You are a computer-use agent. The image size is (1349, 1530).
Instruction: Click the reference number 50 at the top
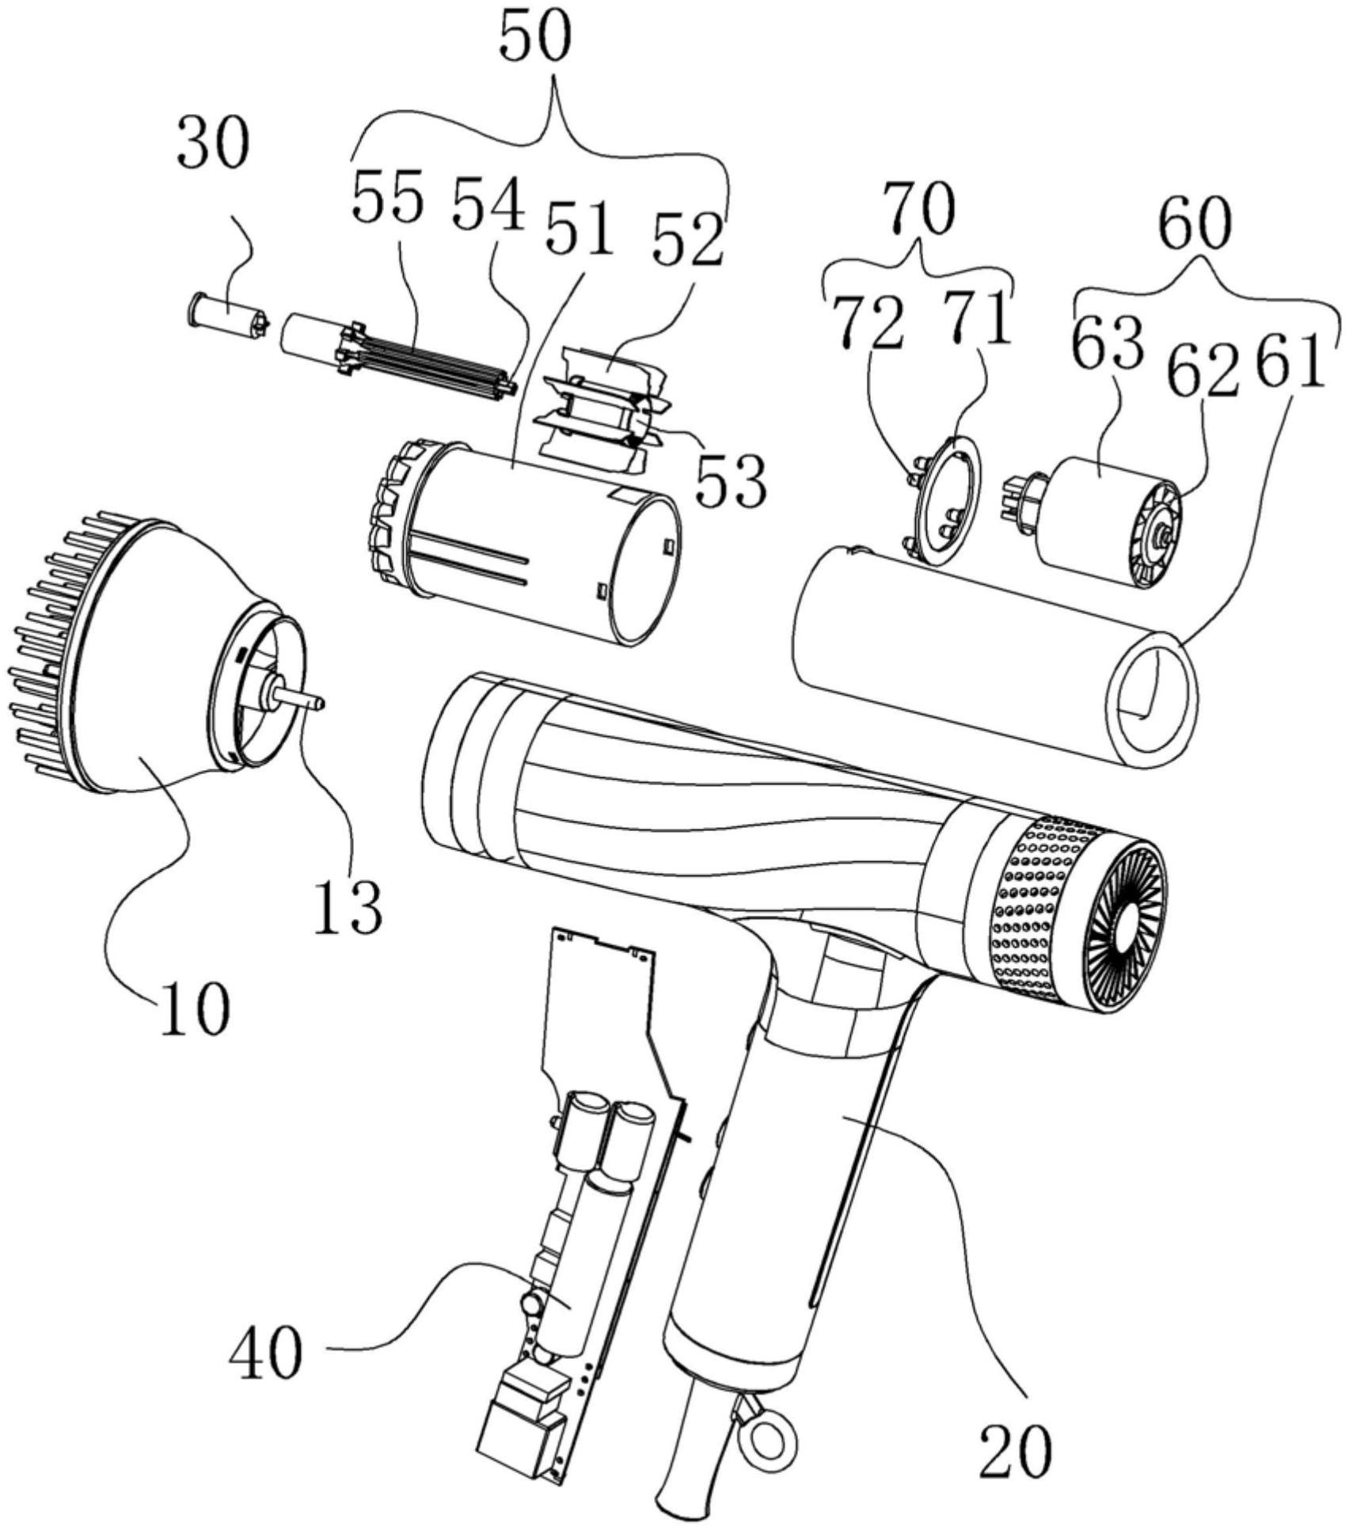(x=535, y=36)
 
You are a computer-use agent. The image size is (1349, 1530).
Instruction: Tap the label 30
(x=211, y=142)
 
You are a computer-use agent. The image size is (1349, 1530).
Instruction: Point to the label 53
(x=731, y=479)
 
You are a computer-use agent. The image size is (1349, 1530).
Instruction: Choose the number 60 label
(x=1195, y=224)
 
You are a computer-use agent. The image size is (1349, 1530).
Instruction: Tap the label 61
(x=1290, y=361)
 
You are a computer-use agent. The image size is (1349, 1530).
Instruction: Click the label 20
(x=1016, y=1449)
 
